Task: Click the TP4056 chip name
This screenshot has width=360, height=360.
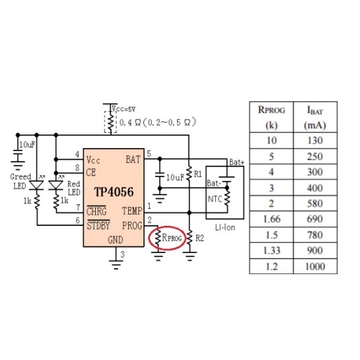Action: click(x=114, y=192)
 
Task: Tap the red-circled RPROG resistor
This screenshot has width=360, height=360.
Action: click(x=158, y=238)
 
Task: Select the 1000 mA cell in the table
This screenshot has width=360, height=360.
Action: click(x=315, y=266)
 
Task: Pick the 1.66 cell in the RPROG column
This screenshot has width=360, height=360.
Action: click(x=271, y=219)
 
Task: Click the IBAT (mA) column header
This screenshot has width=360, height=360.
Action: click(x=315, y=118)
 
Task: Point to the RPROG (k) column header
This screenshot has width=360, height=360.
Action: click(x=271, y=118)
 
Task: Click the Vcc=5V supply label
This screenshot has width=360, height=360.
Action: click(x=124, y=109)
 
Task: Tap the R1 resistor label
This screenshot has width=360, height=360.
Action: click(x=198, y=174)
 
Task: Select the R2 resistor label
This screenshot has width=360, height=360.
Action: click(x=199, y=238)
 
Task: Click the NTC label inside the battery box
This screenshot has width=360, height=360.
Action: click(x=215, y=199)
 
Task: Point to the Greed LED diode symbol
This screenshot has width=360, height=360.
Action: click(x=37, y=185)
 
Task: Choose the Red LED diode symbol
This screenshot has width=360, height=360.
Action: click(x=55, y=185)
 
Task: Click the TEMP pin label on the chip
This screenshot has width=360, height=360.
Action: click(x=132, y=211)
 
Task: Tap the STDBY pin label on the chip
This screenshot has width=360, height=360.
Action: click(x=98, y=225)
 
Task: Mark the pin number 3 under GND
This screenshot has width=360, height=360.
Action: click(x=122, y=254)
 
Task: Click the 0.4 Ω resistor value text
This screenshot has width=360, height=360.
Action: click(x=130, y=123)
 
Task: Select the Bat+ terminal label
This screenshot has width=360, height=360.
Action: click(x=236, y=162)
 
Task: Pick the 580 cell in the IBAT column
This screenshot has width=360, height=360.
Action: click(x=315, y=203)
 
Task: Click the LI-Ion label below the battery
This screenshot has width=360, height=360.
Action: click(x=225, y=227)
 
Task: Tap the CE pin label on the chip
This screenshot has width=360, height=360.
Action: click(x=91, y=172)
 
